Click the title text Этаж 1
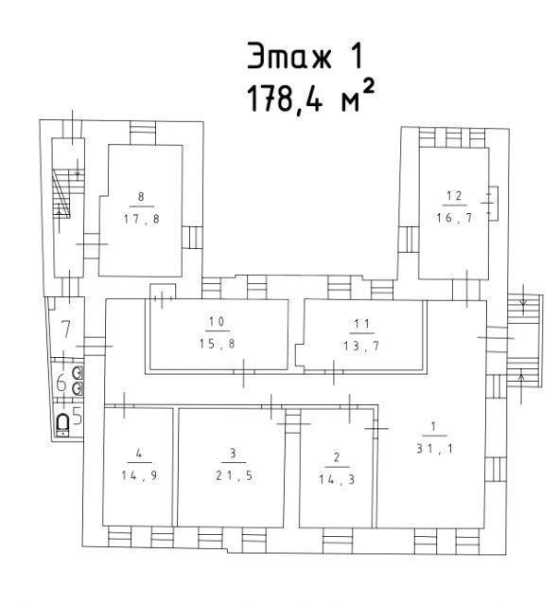(305, 56)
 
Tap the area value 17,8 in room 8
(142, 220)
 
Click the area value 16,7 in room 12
(454, 218)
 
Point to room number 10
(217, 321)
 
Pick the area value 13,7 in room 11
(361, 346)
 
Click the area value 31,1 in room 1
(434, 448)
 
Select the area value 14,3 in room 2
(337, 479)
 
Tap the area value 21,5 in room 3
(234, 475)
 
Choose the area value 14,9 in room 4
(140, 475)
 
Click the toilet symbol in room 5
(62, 424)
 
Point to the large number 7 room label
(66, 330)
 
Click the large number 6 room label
(61, 384)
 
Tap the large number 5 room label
(78, 417)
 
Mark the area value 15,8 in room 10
(217, 344)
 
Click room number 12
(454, 196)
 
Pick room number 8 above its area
(141, 197)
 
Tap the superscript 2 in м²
(369, 87)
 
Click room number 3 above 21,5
(233, 454)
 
